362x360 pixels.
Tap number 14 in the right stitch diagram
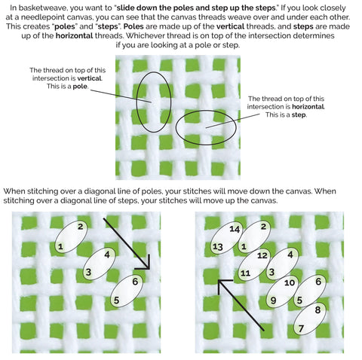(235, 229)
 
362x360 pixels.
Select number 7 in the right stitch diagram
(301, 328)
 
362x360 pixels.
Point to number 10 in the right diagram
(290, 283)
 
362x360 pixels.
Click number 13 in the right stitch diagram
(218, 247)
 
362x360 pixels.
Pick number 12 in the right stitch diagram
(262, 255)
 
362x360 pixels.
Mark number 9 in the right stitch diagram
(273, 301)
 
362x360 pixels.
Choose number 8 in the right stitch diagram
(318, 310)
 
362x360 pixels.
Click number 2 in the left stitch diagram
(80, 227)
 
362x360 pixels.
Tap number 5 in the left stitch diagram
(116, 301)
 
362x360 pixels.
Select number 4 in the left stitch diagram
(107, 255)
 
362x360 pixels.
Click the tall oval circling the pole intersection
(137, 103)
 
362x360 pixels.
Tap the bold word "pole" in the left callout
(80, 87)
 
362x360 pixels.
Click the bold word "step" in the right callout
(299, 115)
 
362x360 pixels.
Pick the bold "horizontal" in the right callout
(308, 107)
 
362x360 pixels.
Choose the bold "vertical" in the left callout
(89, 78)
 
